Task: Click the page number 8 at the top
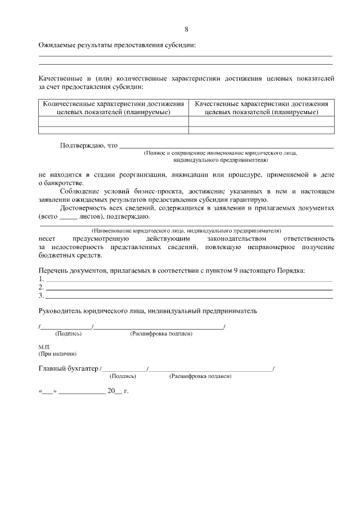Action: tap(186, 29)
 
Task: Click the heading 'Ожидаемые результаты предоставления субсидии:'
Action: tap(117, 45)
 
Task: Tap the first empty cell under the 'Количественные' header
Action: tap(114, 121)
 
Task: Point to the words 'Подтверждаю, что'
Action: tap(88, 146)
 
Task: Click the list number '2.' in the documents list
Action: tap(41, 287)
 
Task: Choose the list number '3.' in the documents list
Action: tap(41, 295)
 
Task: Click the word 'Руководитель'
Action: tap(60, 310)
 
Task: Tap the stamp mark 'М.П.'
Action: tap(44, 348)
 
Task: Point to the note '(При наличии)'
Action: tap(57, 354)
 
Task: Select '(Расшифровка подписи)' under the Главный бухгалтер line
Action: tap(200, 376)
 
